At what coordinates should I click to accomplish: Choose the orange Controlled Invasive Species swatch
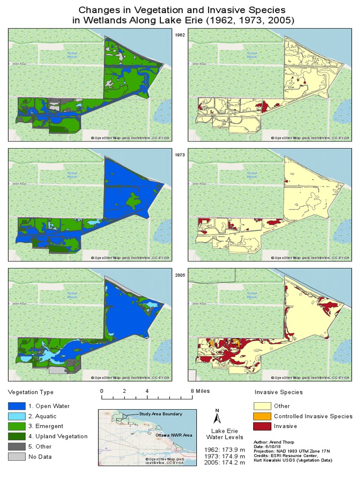pyautogui.click(x=262, y=416)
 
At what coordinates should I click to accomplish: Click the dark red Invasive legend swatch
pyautogui.click(x=262, y=426)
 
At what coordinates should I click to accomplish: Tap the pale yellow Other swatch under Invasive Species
pyautogui.click(x=262, y=406)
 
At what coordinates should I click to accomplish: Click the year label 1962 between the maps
pyautogui.click(x=180, y=35)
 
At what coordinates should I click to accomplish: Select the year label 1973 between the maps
pyautogui.click(x=180, y=155)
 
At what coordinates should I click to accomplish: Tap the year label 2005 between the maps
pyautogui.click(x=180, y=275)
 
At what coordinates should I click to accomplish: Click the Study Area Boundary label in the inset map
pyautogui.click(x=160, y=414)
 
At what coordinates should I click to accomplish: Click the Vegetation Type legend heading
pyautogui.click(x=31, y=392)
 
